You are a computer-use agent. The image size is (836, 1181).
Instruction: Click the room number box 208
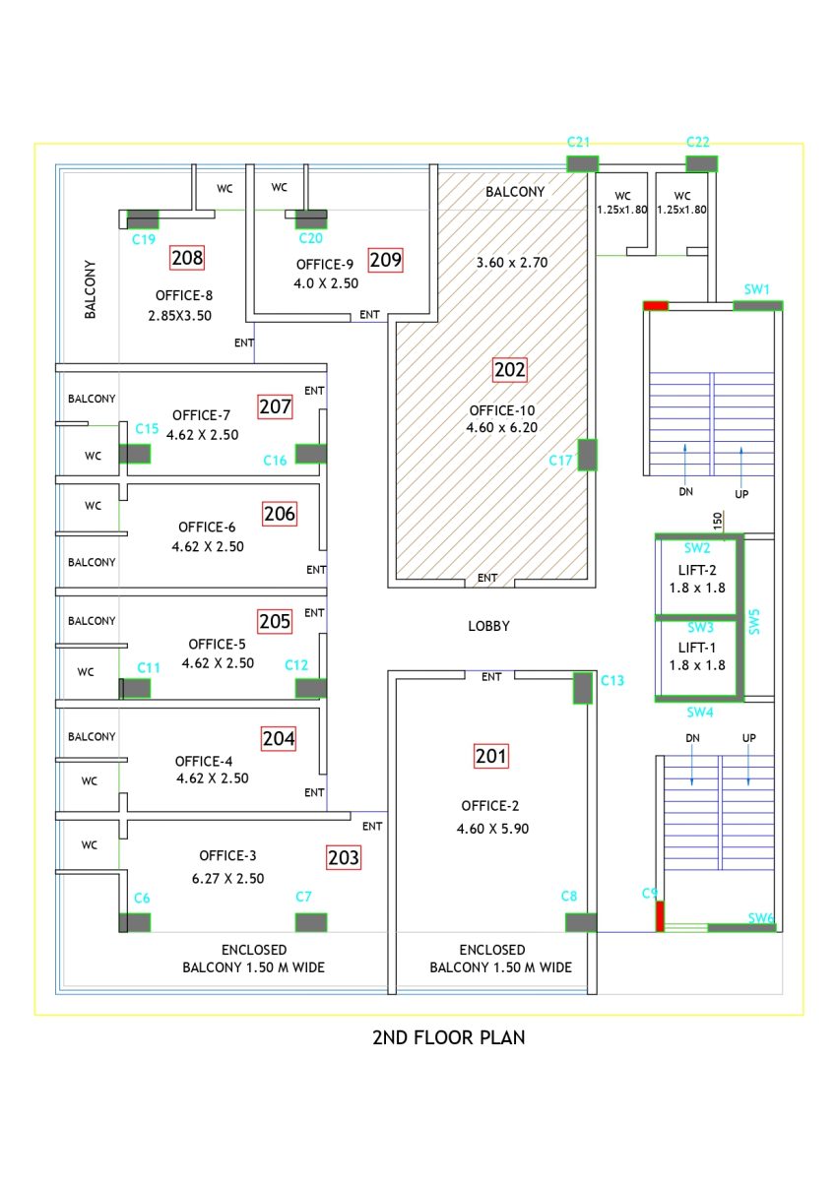tap(187, 258)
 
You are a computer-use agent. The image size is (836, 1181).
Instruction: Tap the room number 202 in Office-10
tap(510, 370)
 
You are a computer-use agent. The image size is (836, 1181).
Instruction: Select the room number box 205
tap(275, 621)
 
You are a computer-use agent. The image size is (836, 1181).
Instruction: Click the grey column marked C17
tap(587, 455)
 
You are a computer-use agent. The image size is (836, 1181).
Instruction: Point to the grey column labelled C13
tap(583, 687)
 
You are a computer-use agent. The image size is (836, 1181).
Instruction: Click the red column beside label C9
tap(661, 915)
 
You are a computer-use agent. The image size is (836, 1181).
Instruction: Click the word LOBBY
tap(488, 626)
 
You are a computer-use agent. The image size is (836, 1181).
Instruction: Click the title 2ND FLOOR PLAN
tap(448, 1037)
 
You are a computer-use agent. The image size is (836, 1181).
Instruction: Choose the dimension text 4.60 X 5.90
tap(492, 829)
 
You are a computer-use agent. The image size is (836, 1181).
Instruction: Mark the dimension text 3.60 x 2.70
tap(512, 262)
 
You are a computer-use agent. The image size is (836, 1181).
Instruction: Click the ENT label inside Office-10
tap(487, 578)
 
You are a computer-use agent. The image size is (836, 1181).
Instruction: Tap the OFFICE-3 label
tap(228, 855)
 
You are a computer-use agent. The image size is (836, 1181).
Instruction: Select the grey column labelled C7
tap(311, 922)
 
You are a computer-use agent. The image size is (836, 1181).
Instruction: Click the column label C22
tap(698, 143)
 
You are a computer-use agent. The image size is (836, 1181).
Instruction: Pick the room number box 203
tap(344, 857)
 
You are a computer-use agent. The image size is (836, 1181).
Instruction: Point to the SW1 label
tap(756, 289)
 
